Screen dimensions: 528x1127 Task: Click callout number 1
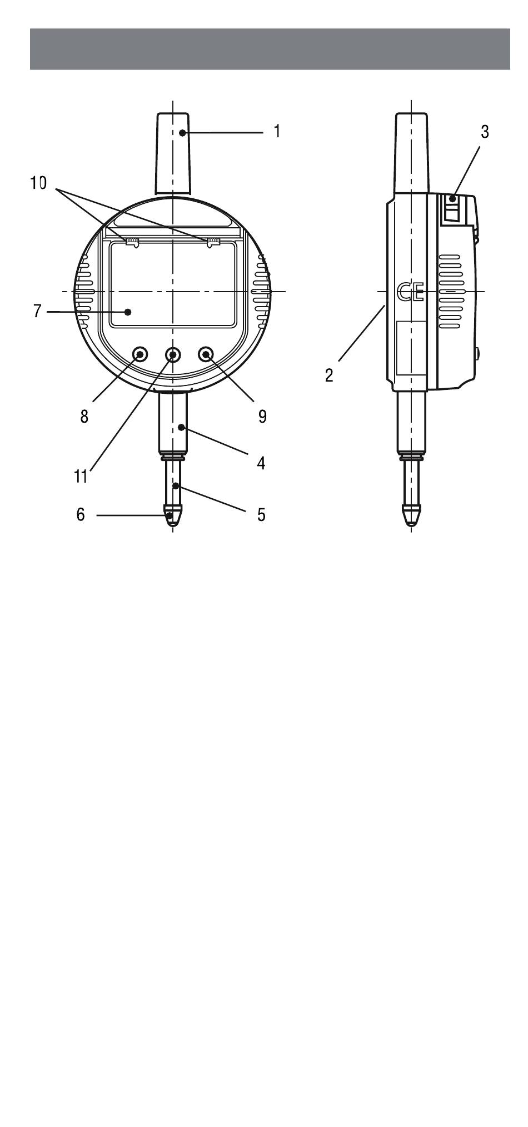click(277, 132)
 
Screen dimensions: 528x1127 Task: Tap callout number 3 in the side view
click(485, 132)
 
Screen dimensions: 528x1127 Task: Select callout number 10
click(38, 183)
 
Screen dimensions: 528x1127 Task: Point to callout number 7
click(37, 312)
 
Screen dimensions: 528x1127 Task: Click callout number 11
click(81, 477)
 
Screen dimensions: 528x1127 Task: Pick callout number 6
click(81, 515)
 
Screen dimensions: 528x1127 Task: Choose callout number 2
click(330, 375)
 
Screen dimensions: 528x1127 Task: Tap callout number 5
click(261, 515)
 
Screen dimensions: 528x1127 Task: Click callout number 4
click(261, 463)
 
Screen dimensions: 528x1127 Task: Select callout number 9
click(262, 416)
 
